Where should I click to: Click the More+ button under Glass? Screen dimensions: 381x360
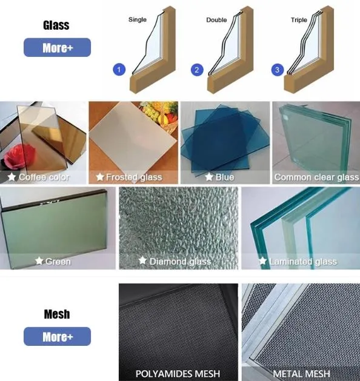coord(57,48)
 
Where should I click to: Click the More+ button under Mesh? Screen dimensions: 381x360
coord(57,337)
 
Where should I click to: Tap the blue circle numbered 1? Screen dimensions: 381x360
coord(119,70)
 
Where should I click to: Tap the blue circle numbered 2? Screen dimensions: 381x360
coord(196,70)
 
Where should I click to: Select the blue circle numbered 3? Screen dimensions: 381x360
coord(278,70)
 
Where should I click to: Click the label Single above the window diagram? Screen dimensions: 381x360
coord(138,20)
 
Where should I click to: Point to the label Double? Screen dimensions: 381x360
coord(216,20)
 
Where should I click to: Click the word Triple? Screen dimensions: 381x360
coord(299,20)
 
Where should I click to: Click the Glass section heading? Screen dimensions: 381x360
coord(56,25)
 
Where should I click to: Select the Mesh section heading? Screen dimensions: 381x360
coord(56,314)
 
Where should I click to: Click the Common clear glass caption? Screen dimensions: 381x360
coord(316,177)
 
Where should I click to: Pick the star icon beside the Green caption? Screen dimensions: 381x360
coord(39,261)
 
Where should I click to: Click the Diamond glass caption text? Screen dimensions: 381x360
coord(180,261)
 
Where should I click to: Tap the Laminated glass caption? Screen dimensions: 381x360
coord(311,261)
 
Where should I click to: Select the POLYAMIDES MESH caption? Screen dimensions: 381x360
coord(178,373)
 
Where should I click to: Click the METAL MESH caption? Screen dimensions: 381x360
coord(301,373)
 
